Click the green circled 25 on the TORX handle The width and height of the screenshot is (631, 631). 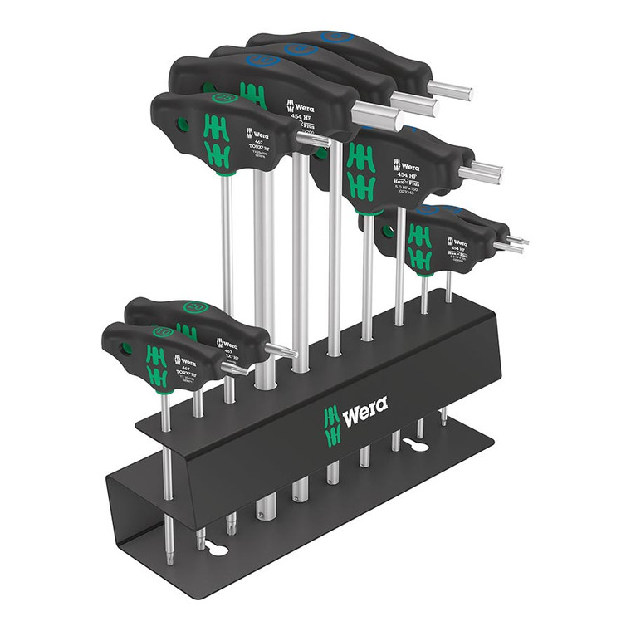point(223,98)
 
